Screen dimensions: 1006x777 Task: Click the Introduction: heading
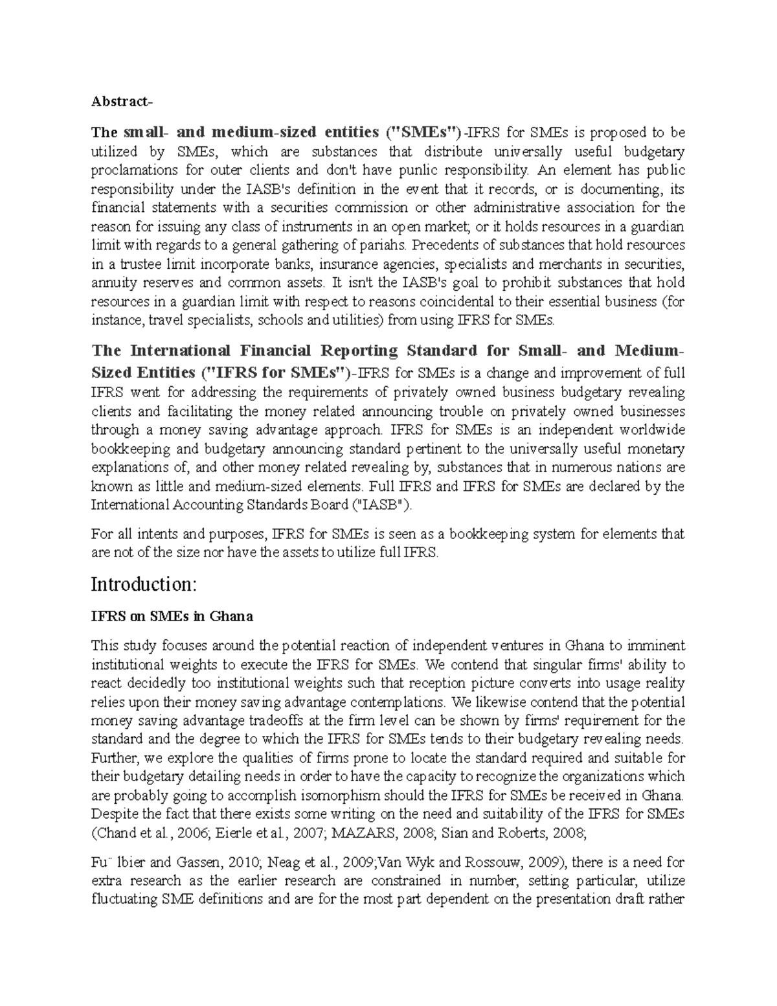(x=142, y=585)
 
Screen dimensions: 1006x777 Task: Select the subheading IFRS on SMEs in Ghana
(x=172, y=617)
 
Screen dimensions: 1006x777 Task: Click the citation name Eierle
(x=244, y=833)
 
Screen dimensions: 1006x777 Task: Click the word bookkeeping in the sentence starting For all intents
(x=467, y=534)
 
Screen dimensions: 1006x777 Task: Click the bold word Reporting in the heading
(x=364, y=351)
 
